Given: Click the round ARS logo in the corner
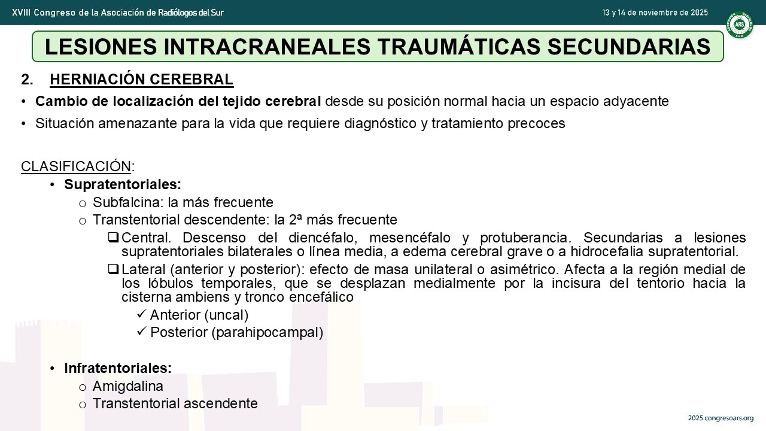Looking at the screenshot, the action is pyautogui.click(x=740, y=25).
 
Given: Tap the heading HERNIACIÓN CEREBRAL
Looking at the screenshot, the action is pyautogui.click(x=142, y=80).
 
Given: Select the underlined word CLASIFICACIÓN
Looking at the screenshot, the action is pyautogui.click(x=76, y=166).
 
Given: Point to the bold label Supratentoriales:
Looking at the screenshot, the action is pyautogui.click(x=123, y=184).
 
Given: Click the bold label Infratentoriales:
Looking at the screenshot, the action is pyautogui.click(x=118, y=368).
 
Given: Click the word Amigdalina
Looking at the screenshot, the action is pyautogui.click(x=128, y=387).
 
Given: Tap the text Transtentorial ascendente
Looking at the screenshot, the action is pyautogui.click(x=175, y=403).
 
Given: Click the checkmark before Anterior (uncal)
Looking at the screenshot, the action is pyautogui.click(x=142, y=314).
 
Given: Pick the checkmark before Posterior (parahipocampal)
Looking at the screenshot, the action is pyautogui.click(x=142, y=332).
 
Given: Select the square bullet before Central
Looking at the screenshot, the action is pyautogui.click(x=113, y=238).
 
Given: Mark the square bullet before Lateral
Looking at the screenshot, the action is pyautogui.click(x=113, y=269).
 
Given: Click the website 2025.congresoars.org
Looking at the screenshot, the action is pyautogui.click(x=721, y=418).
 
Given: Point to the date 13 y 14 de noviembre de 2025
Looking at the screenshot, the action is pyautogui.click(x=655, y=13).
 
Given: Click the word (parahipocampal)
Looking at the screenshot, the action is pyautogui.click(x=268, y=332).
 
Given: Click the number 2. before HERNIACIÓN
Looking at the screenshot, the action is pyautogui.click(x=28, y=80).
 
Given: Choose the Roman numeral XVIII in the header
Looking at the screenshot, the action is pyautogui.click(x=21, y=13).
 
